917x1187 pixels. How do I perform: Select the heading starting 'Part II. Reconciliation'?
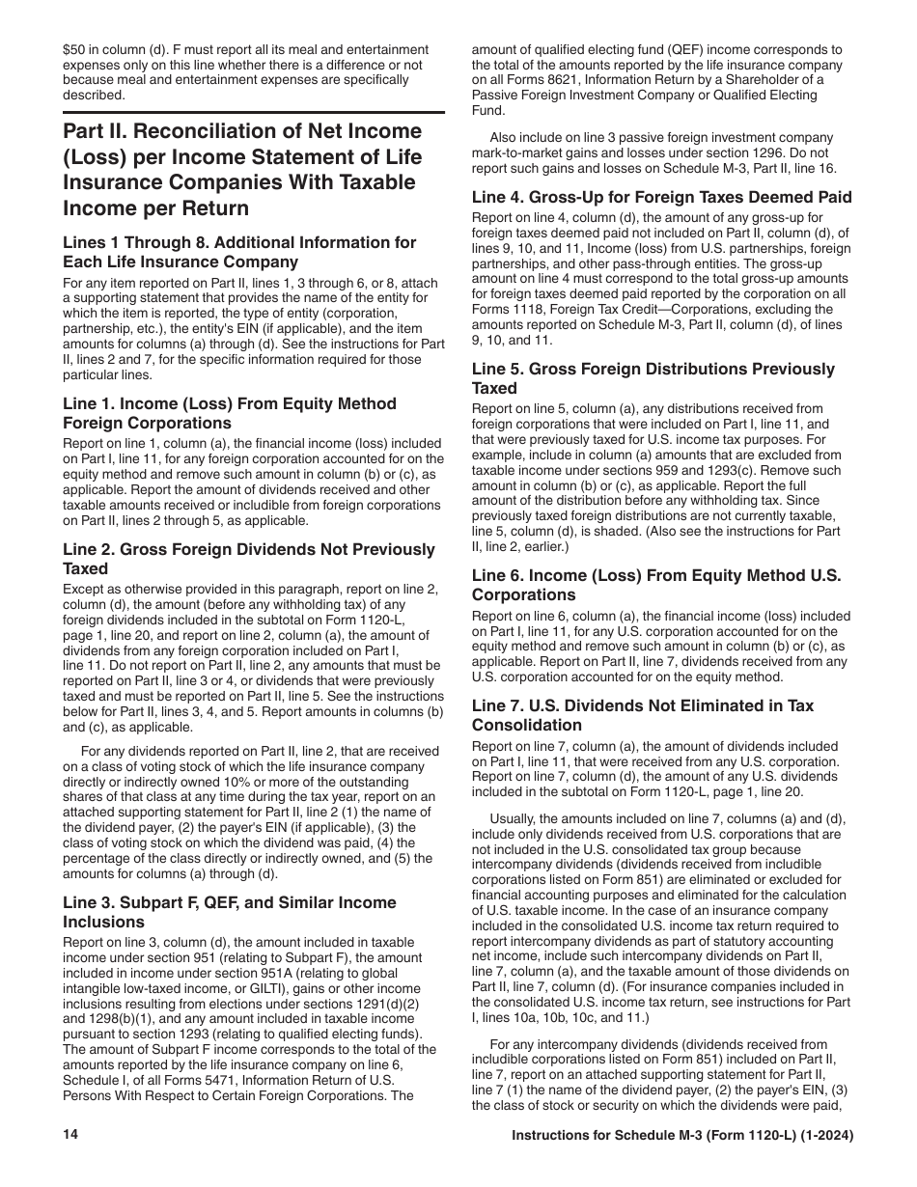click(242, 170)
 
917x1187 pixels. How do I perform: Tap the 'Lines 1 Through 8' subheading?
click(239, 252)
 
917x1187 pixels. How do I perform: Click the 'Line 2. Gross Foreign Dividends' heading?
click(249, 559)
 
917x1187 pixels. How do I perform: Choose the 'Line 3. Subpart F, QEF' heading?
click(230, 912)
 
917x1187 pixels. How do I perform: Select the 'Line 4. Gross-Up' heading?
click(661, 197)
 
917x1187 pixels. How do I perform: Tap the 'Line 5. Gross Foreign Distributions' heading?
click(653, 378)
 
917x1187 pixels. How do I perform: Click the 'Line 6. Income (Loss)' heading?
click(656, 585)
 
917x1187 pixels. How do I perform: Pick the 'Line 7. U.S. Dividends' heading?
click(642, 715)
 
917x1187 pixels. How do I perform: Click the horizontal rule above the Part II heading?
click(254, 112)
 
